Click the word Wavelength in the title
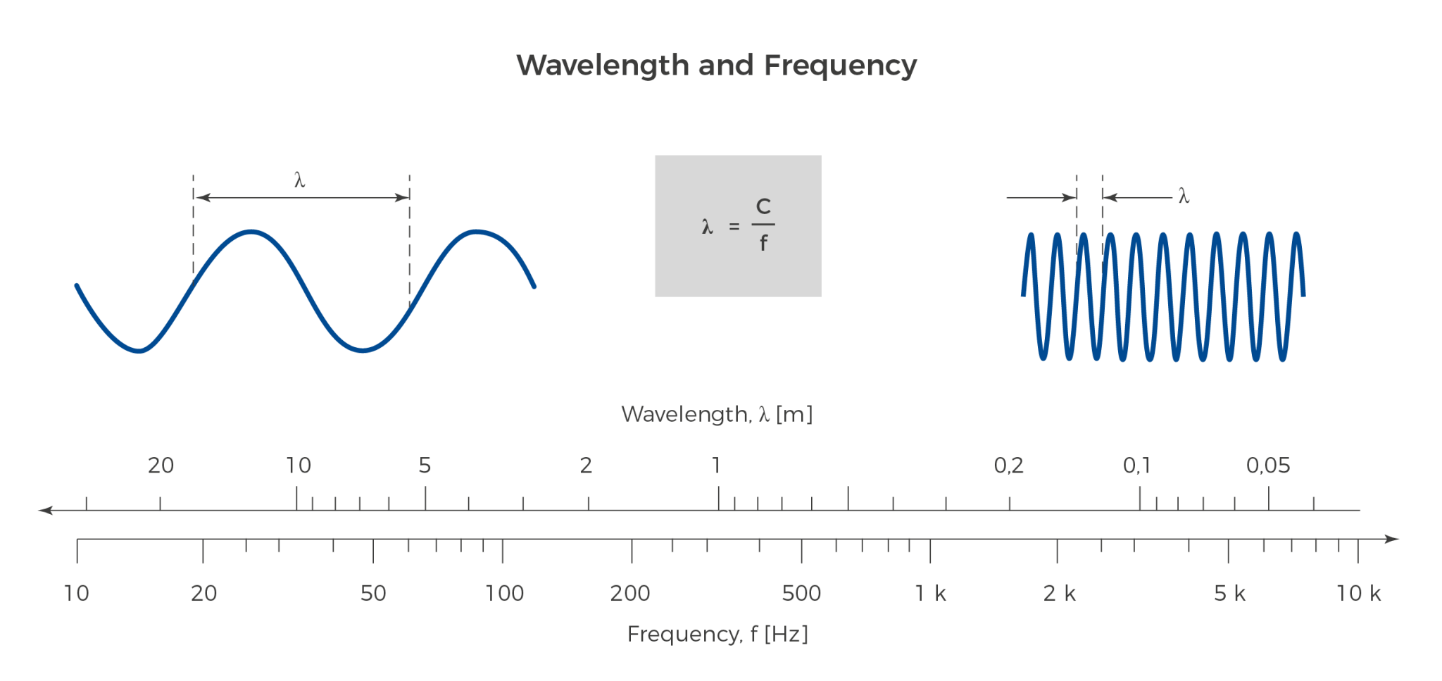click(603, 65)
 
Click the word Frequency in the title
click(840, 65)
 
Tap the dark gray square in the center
click(737, 225)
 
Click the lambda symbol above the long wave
click(300, 180)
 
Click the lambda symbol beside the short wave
click(1184, 196)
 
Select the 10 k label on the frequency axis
click(1358, 594)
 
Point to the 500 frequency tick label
click(801, 594)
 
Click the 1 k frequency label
click(930, 594)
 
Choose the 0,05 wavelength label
click(1268, 466)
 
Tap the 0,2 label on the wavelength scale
click(1008, 466)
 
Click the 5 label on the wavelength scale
click(425, 466)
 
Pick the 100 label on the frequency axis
click(504, 594)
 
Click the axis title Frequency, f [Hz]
click(717, 634)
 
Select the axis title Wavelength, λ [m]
click(717, 414)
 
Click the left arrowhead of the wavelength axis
click(44, 510)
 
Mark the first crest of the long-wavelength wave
click(251, 232)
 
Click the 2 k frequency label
click(1059, 594)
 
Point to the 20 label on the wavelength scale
click(161, 466)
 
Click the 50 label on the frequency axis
click(372, 594)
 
